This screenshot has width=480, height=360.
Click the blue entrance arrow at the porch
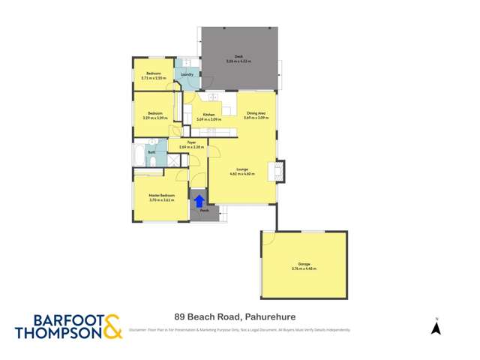199,201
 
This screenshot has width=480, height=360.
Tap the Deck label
238,56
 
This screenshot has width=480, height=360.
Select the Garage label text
304,264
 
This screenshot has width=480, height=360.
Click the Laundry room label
187,74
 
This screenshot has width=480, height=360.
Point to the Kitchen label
208,115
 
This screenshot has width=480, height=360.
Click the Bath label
151,152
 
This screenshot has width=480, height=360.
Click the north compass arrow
436,328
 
